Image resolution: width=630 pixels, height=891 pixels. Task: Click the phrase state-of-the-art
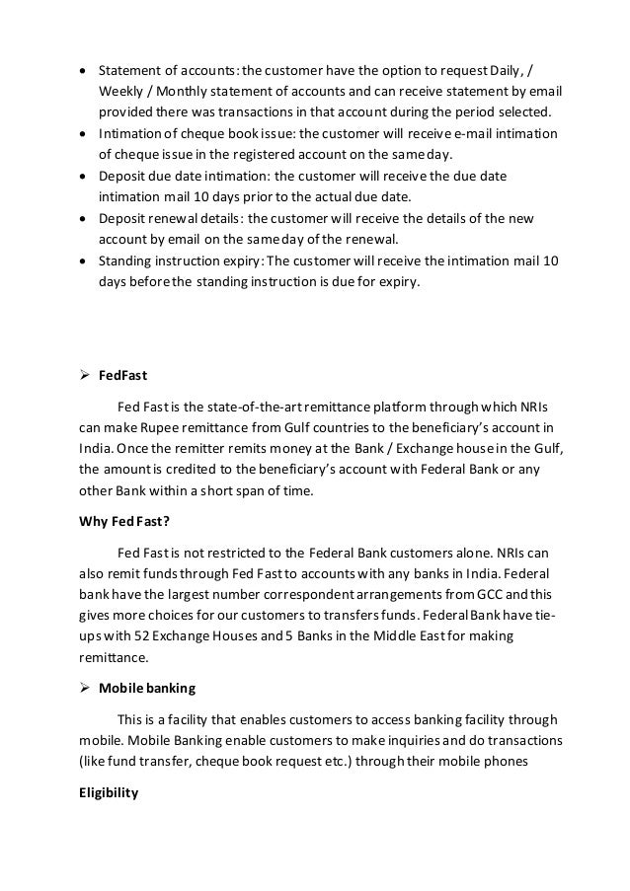(260, 406)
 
